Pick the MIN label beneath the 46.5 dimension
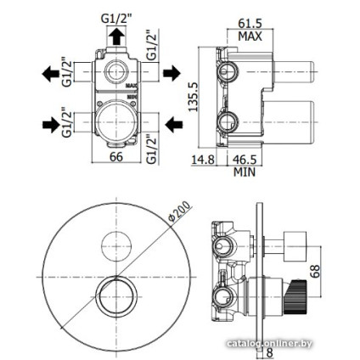click(x=245, y=171)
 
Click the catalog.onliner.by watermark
click(x=272, y=342)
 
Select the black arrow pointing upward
click(x=116, y=36)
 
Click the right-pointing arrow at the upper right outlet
click(x=171, y=73)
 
